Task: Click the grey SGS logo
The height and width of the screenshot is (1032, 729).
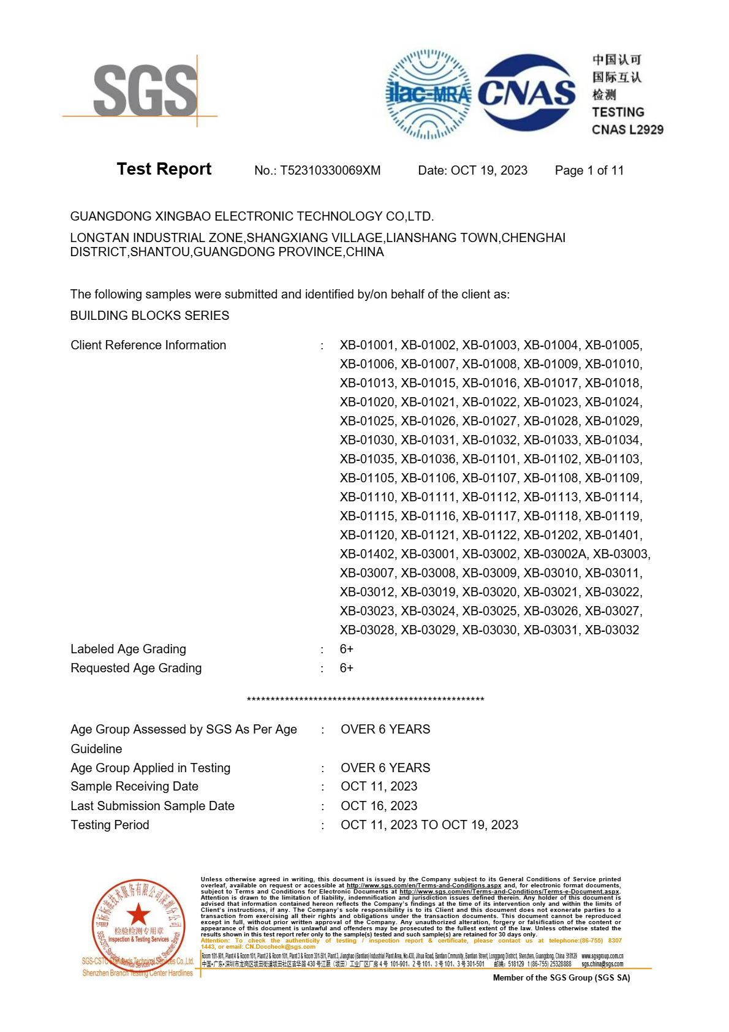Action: pos(145,91)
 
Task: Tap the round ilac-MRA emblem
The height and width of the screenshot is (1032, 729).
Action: pos(428,94)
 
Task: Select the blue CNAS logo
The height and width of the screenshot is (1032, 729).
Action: pos(527,93)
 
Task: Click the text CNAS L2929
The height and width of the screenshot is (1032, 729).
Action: pos(627,129)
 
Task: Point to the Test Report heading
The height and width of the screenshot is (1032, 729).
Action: pos(164,169)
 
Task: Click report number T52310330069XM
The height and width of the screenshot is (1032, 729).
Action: pos(330,170)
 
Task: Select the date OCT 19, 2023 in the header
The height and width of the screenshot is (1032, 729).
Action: pos(489,170)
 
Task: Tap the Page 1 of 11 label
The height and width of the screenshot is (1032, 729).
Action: pos(589,170)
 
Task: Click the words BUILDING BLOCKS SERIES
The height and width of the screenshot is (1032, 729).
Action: pos(149,316)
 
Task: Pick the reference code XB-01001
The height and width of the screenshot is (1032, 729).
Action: pos(367,345)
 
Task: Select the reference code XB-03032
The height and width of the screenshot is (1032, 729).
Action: pos(611,630)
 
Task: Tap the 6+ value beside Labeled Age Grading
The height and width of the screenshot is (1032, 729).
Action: pos(347,649)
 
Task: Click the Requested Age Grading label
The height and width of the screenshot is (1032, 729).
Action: pos(136,668)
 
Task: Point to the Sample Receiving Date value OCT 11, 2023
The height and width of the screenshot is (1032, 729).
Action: pos(379,786)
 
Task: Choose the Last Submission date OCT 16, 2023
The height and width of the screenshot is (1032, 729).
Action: pos(379,806)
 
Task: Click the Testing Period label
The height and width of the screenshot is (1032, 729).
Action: pos(110,825)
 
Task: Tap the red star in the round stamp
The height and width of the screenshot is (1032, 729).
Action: pos(138,914)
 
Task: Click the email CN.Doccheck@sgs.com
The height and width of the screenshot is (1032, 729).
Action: pos(280,947)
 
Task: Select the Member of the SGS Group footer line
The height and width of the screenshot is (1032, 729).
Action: pos(561,977)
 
